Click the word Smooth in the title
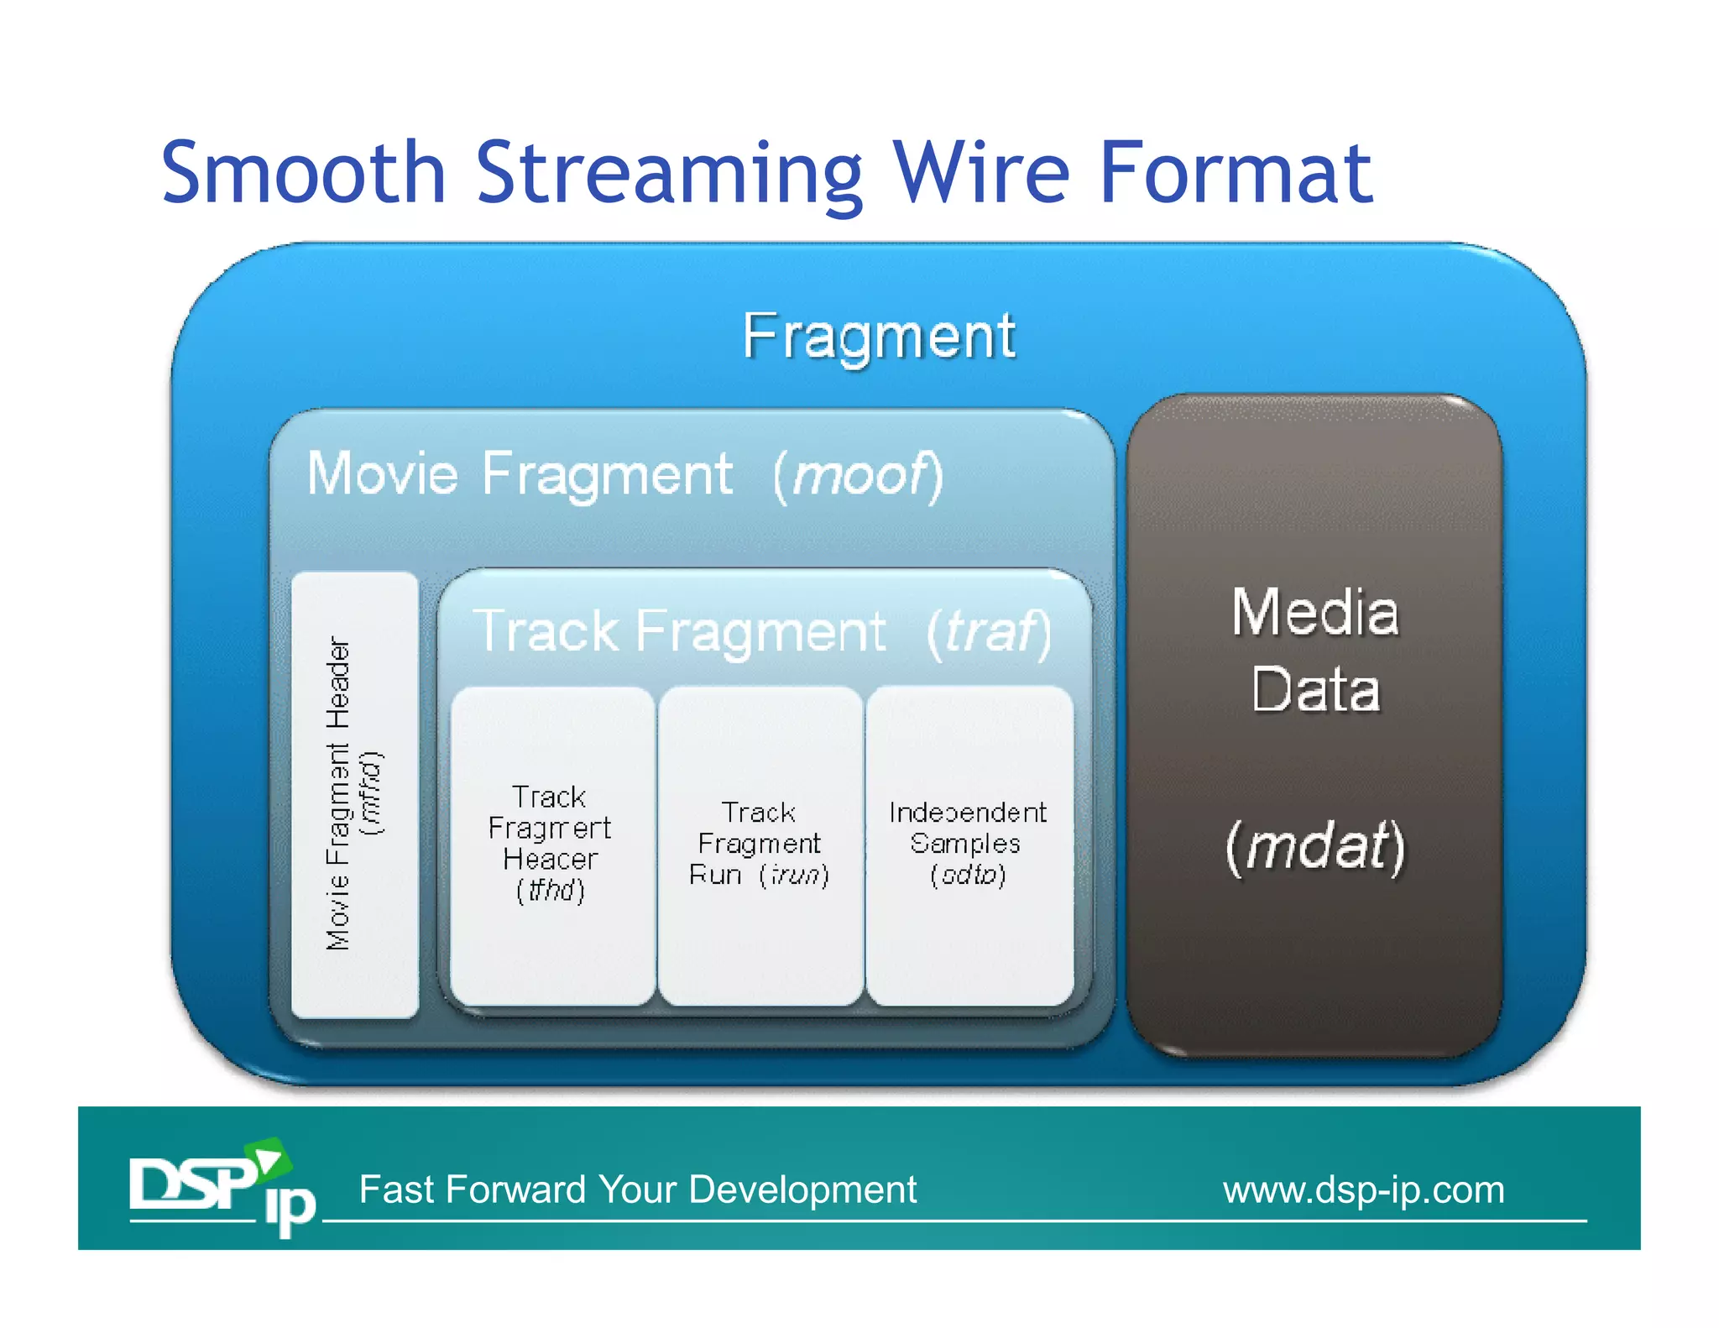click(x=302, y=174)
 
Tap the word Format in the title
click(x=1236, y=174)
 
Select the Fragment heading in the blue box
click(x=879, y=337)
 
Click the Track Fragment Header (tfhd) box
click(x=551, y=844)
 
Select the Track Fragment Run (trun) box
click(x=760, y=844)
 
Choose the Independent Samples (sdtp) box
click(x=968, y=844)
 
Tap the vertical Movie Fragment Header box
click(x=354, y=794)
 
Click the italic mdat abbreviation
click(x=1314, y=846)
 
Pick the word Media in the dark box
click(x=1314, y=612)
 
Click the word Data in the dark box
click(x=1314, y=690)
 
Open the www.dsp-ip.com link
click(x=1363, y=1190)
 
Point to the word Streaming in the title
click(x=669, y=174)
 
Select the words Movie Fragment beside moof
click(x=520, y=475)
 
